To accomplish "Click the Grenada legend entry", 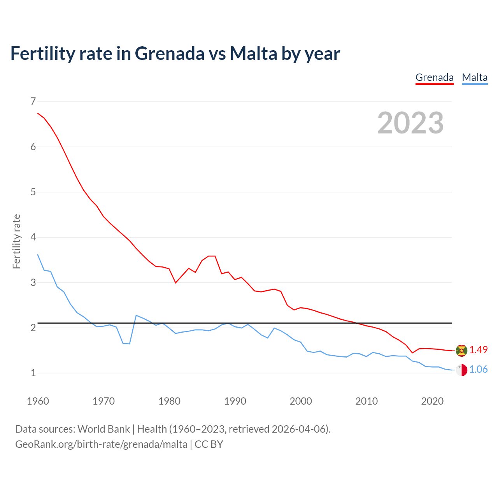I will pos(434,77).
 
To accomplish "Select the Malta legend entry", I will pos(475,77).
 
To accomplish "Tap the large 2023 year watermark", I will pos(410,123).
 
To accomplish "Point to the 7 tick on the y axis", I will pos(33,102).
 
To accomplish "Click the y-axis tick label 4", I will pos(33,237).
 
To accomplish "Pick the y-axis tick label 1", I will pos(33,373).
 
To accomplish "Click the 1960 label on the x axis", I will pos(38,401).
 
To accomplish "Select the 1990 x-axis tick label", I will pos(235,401).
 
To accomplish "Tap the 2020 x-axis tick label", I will pos(432,401).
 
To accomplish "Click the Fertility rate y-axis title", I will pos(16,241).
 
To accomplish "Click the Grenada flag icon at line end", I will pos(461,350).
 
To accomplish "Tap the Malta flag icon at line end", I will pos(461,370).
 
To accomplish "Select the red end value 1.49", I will pos(478,350).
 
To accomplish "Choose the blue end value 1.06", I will pos(478,369).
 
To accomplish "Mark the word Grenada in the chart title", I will pos(169,53).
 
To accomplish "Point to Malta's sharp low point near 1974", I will pos(129,344).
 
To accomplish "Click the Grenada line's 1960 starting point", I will pos(38,113).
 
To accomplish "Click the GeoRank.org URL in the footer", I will pos(101,444).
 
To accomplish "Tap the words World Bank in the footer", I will pos(103,429).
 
